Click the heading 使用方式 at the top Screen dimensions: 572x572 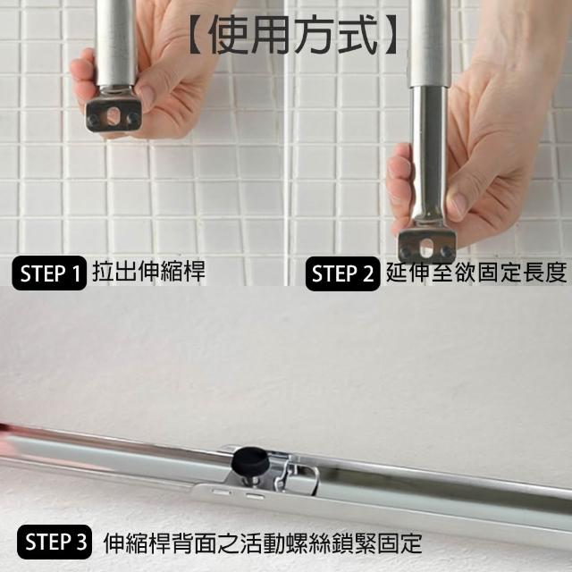click(x=292, y=36)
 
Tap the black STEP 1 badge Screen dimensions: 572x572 click(x=49, y=273)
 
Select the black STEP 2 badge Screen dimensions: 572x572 click(x=342, y=273)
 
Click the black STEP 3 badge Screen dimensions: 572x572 click(x=55, y=542)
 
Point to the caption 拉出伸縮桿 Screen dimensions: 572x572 click(x=148, y=272)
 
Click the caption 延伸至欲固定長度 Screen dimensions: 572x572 click(x=476, y=272)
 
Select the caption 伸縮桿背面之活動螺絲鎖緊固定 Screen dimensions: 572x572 click(x=263, y=543)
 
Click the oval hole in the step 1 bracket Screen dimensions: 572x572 click(x=113, y=115)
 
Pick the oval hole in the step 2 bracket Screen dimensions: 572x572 click(x=425, y=248)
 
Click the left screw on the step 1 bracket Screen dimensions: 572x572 click(x=94, y=119)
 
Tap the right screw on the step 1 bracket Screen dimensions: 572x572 click(x=133, y=117)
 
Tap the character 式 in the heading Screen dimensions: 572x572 click(x=356, y=36)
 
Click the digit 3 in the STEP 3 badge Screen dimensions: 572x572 click(x=80, y=542)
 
